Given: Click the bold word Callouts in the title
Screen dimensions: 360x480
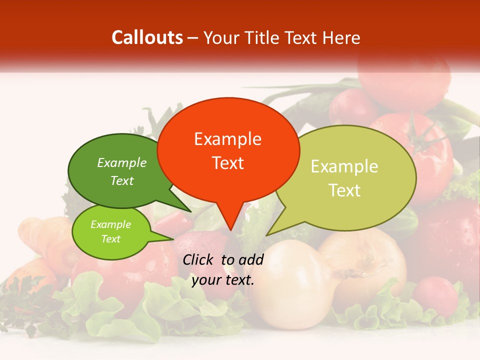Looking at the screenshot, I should click(x=147, y=37).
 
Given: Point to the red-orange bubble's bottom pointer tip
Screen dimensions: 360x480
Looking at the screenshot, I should click(x=230, y=229).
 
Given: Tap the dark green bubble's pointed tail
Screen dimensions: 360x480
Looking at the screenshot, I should click(x=186, y=209).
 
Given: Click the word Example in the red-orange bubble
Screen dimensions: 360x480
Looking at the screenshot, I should click(x=227, y=139).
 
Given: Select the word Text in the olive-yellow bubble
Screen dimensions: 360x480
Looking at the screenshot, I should click(x=344, y=190).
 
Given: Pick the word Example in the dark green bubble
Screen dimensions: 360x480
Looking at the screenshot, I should click(x=121, y=162).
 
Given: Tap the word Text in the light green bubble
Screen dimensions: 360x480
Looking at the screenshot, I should click(x=110, y=239).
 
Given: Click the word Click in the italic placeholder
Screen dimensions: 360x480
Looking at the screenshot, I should click(x=198, y=259).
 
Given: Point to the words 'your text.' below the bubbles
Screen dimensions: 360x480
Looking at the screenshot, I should click(x=223, y=280).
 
